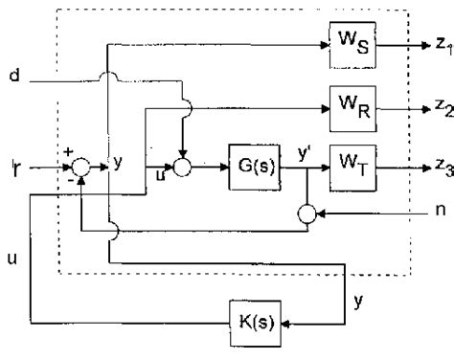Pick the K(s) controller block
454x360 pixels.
point(253,320)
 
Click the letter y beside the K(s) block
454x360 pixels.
point(357,301)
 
